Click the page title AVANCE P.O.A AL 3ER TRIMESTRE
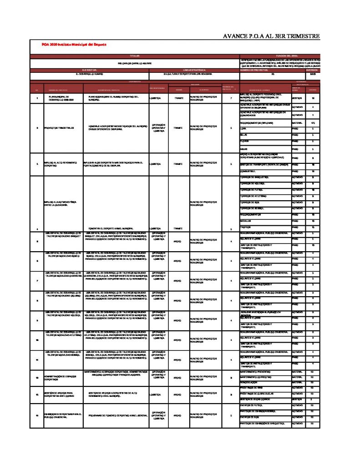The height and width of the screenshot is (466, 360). click(x=272, y=36)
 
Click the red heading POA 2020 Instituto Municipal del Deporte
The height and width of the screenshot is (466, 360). click(x=74, y=45)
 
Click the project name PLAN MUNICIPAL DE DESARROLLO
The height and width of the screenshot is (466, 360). click(x=57, y=98)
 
